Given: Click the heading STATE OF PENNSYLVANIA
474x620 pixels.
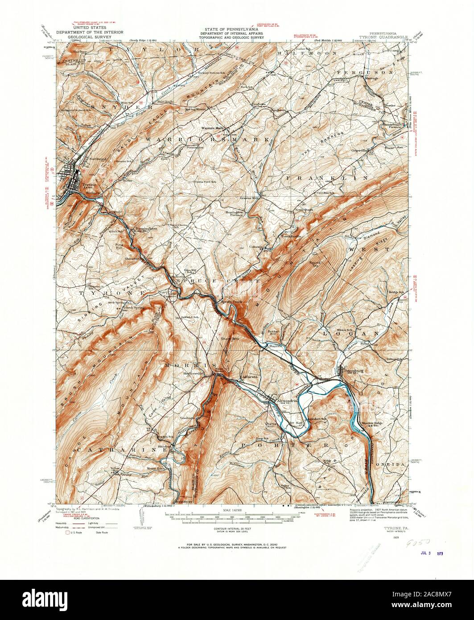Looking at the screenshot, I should tap(231, 29).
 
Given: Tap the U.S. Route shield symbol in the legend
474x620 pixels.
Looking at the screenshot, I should tap(69, 532).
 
